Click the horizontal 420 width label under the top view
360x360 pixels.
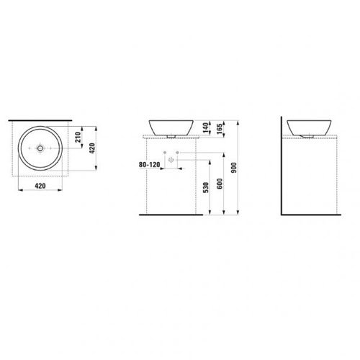point(40,186)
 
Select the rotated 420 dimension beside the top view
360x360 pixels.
point(92,148)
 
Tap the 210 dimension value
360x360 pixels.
point(78,137)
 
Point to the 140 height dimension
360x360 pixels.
point(205,127)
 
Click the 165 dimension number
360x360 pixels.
point(220,129)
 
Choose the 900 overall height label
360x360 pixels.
point(234,168)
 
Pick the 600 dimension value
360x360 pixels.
point(220,184)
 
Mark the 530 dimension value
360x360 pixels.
point(206,187)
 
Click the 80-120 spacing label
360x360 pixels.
point(149,165)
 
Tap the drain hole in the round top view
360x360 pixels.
point(40,148)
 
